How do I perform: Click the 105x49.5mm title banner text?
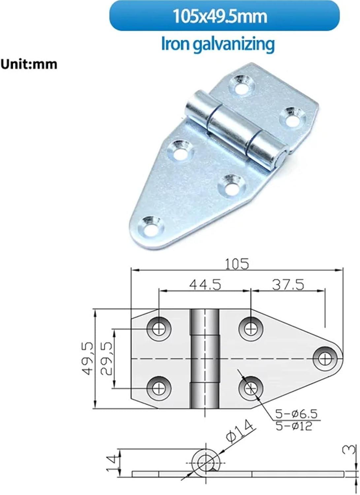(x=220, y=16)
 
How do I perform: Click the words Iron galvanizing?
(x=217, y=44)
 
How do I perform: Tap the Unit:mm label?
(x=29, y=64)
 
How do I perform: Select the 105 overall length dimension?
(x=237, y=264)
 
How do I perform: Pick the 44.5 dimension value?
(x=205, y=284)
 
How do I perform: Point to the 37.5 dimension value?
(x=288, y=284)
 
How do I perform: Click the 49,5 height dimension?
(x=87, y=358)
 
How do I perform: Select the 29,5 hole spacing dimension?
(x=106, y=358)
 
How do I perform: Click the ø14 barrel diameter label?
(x=240, y=431)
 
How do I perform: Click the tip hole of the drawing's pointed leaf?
(x=326, y=358)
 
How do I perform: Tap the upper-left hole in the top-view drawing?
(x=159, y=329)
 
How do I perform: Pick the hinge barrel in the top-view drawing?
(x=205, y=358)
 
